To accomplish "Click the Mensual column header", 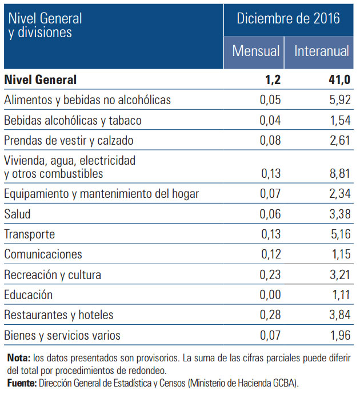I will click(x=255, y=51).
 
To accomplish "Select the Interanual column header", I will click(x=322, y=51).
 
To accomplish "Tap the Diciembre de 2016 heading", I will click(x=289, y=18).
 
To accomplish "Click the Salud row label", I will click(x=17, y=214).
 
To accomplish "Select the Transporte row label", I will click(x=30, y=234).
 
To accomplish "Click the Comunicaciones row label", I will click(x=43, y=254).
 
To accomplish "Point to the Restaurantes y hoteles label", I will click(x=59, y=315).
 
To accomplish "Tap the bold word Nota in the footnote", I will click(x=19, y=358).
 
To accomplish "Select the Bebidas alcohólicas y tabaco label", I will click(x=73, y=121).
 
